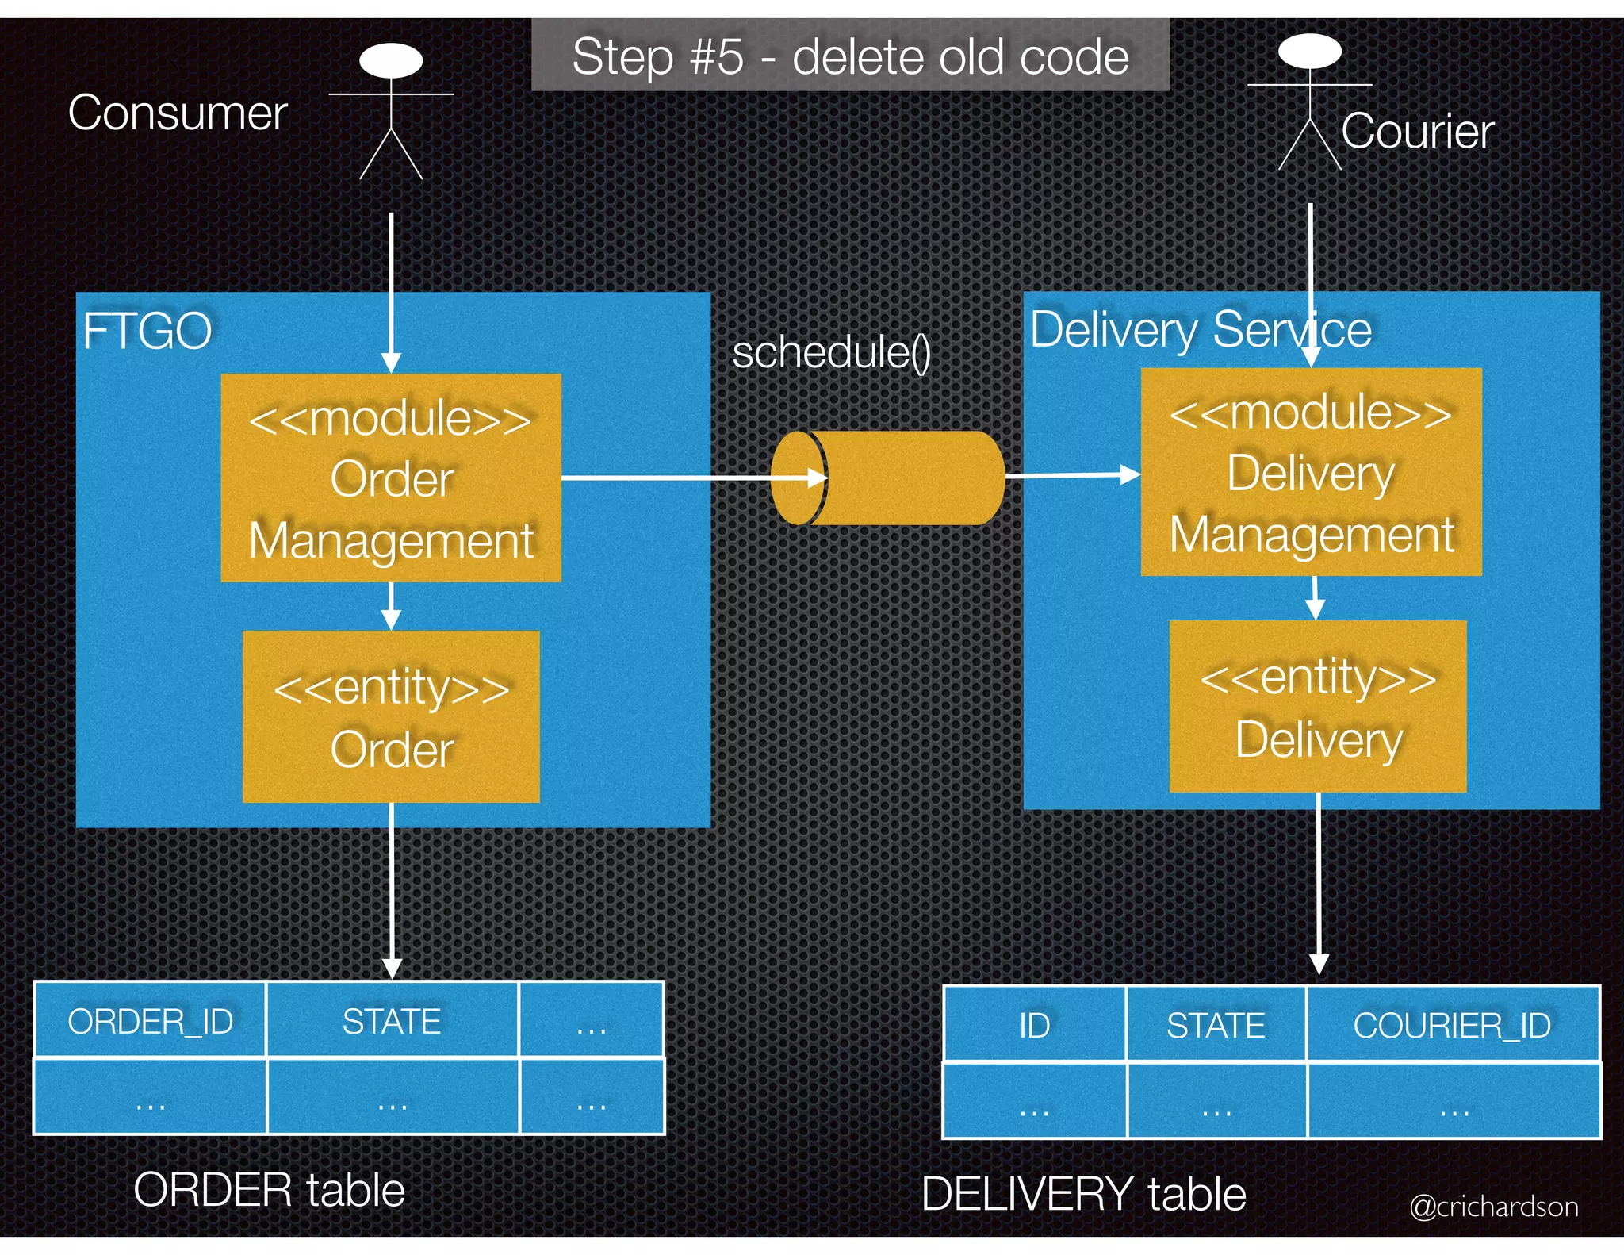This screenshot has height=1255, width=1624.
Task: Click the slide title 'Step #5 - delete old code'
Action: (850, 57)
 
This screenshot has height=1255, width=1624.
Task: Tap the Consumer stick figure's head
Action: (390, 60)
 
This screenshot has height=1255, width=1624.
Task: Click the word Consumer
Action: (177, 113)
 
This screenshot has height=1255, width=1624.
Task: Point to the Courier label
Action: (1418, 131)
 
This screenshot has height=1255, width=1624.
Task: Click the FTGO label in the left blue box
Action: (147, 331)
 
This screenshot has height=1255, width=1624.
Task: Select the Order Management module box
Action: (391, 478)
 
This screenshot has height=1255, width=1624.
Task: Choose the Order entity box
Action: (391, 716)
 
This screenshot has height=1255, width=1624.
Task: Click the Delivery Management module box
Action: (1311, 472)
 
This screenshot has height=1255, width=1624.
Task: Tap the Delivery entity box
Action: (1318, 706)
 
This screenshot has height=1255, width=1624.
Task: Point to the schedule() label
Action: (831, 352)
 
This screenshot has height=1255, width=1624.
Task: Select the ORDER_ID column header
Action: (150, 1021)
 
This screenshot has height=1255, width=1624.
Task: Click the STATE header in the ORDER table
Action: (392, 1021)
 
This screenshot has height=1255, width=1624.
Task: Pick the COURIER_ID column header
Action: (1452, 1025)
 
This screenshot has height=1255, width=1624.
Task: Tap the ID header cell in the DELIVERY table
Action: (1034, 1025)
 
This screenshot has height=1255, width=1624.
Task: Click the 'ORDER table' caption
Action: (269, 1190)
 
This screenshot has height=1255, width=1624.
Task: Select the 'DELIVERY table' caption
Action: (1083, 1194)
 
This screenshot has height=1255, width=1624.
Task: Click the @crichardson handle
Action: (1494, 1207)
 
